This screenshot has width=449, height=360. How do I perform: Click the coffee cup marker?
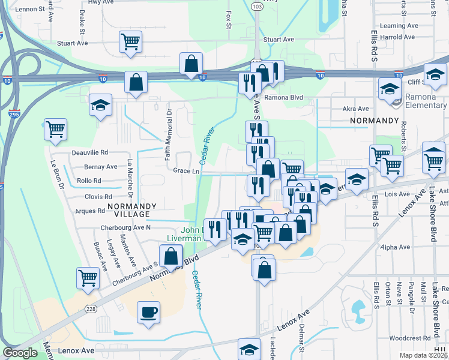click(148, 312)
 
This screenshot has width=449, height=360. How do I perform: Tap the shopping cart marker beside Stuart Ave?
click(130, 42)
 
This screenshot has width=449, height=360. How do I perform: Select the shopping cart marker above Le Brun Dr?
click(55, 129)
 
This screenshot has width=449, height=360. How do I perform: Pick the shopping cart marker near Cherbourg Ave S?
click(88, 278)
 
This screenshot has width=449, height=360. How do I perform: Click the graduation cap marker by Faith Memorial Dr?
click(100, 105)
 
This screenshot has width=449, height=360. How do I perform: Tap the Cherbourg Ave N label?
click(125, 227)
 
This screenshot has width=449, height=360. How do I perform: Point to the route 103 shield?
click(257, 7)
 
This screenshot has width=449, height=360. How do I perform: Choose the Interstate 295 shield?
click(13, 113)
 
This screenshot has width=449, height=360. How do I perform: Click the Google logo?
click(20, 353)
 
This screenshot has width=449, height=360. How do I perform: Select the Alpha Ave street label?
click(395, 247)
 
